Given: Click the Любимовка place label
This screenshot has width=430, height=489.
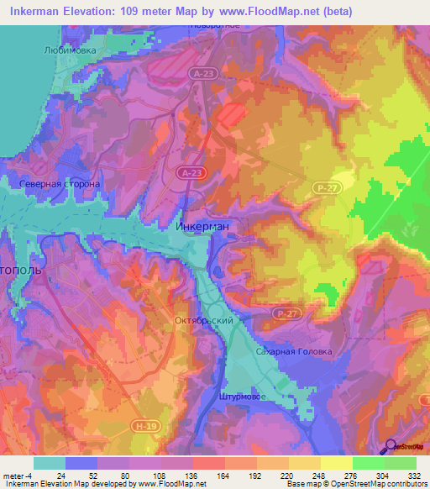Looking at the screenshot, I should [70, 50].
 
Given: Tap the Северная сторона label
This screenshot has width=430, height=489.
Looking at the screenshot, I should [60, 183].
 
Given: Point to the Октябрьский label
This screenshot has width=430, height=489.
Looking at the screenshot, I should [202, 321].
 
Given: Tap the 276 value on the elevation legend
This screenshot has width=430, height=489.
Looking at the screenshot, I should [353, 476].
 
